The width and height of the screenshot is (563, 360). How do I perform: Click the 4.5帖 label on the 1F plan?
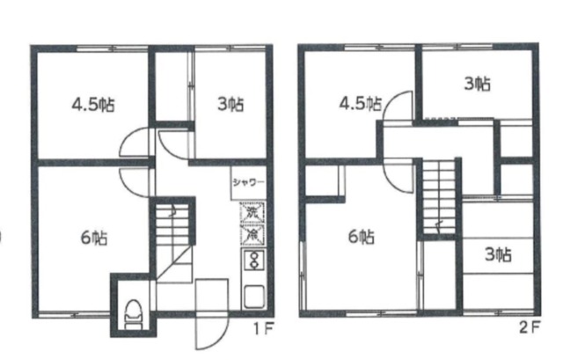coord(93,105)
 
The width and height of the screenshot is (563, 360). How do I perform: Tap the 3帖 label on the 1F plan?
coord(230,105)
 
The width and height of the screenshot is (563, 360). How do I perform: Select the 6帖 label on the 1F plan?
coord(94,238)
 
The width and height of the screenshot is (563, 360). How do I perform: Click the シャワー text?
coord(248,182)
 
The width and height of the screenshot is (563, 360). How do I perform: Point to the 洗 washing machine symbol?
coord(252,213)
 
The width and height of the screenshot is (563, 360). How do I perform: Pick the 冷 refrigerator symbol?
coord(252,234)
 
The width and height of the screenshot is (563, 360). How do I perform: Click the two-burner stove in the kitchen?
coord(254,261)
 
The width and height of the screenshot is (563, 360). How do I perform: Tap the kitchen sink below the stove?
coord(254,297)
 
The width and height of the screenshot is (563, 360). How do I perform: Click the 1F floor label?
coord(264,328)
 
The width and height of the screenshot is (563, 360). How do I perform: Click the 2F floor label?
coord(530,327)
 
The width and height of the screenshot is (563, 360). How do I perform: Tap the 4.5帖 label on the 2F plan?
coord(361,104)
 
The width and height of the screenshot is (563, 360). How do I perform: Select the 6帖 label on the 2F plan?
coord(362,237)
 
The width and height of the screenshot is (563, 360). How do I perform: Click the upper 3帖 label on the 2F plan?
coord(477,84)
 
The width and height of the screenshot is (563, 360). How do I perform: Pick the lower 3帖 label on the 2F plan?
coord(498,254)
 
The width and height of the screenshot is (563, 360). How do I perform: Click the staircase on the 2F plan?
coord(438,197)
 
